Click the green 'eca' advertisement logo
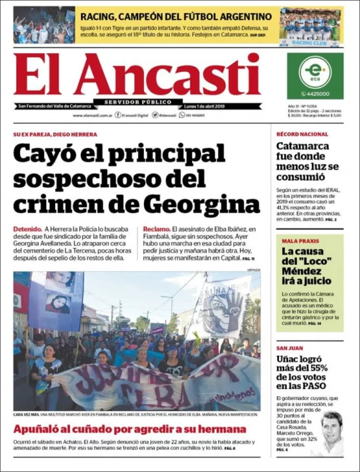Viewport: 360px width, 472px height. tap(315, 71)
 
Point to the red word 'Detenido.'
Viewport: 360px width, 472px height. tap(27, 230)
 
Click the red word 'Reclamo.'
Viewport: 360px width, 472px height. tap(157, 230)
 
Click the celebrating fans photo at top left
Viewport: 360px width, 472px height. tap(44, 25)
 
